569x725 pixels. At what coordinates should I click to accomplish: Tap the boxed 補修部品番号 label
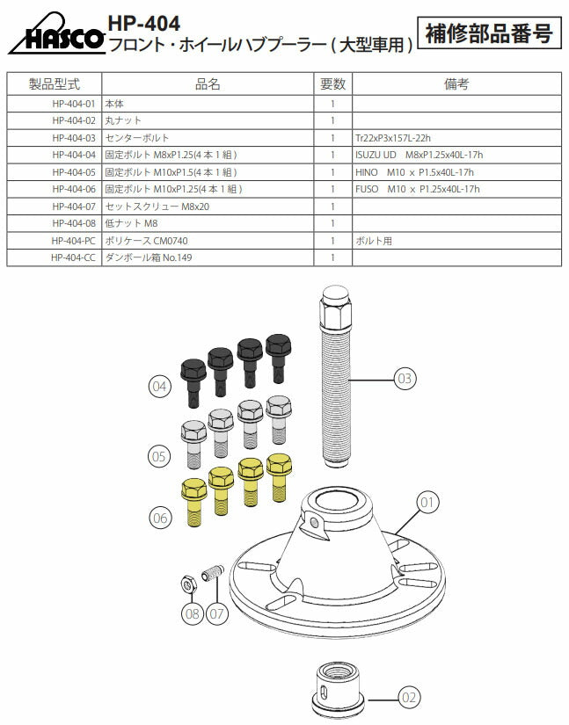[489, 33]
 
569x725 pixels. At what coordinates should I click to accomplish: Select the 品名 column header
[208, 83]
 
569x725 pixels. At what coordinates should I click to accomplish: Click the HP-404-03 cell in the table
[73, 138]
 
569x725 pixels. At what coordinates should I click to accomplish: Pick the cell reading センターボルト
[136, 138]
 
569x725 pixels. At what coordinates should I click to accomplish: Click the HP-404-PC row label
[73, 241]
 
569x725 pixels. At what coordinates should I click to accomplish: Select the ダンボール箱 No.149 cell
[148, 258]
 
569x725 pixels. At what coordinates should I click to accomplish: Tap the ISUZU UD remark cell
[419, 155]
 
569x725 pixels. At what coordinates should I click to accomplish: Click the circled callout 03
[404, 379]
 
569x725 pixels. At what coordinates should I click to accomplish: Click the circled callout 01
[427, 503]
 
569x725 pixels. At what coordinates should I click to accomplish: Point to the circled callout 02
[409, 699]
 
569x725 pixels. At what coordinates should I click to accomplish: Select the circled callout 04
[159, 385]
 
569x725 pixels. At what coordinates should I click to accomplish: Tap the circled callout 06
[159, 518]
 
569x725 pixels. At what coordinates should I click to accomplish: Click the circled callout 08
[193, 613]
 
